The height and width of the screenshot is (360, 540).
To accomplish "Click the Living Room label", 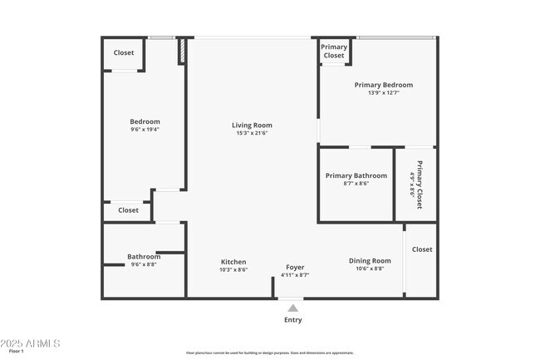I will pyautogui.click(x=252, y=126).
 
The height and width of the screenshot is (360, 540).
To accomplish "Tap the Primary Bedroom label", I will pyautogui.click(x=383, y=85).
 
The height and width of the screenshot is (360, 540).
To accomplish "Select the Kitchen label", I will pyautogui.click(x=233, y=262).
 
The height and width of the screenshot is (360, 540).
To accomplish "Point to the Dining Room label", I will pyautogui.click(x=370, y=261).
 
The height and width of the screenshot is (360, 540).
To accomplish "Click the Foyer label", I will pyautogui.click(x=295, y=267).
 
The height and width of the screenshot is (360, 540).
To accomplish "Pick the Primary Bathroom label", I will pyautogui.click(x=356, y=175).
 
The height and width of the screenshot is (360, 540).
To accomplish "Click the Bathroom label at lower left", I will pyautogui.click(x=143, y=256).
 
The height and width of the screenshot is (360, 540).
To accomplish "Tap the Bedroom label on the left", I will pyautogui.click(x=145, y=121).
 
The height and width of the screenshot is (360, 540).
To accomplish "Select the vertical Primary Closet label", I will pyautogui.click(x=420, y=184).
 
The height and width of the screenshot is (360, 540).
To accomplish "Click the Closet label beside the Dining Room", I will pyautogui.click(x=422, y=249).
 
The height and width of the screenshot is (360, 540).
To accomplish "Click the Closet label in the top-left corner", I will pyautogui.click(x=124, y=52).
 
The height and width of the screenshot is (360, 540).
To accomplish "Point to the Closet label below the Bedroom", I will pyautogui.click(x=128, y=210).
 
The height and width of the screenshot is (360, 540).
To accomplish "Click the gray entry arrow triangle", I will pyautogui.click(x=292, y=308).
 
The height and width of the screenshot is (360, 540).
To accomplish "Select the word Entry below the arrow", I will pyautogui.click(x=293, y=320).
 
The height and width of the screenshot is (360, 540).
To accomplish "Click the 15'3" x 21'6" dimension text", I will pyautogui.click(x=252, y=133).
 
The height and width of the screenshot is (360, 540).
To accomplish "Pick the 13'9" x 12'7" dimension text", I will pyautogui.click(x=383, y=92).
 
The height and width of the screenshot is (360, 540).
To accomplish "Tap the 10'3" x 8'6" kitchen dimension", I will pyautogui.click(x=233, y=269).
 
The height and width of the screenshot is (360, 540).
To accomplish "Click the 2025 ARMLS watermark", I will pyautogui.click(x=31, y=344).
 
